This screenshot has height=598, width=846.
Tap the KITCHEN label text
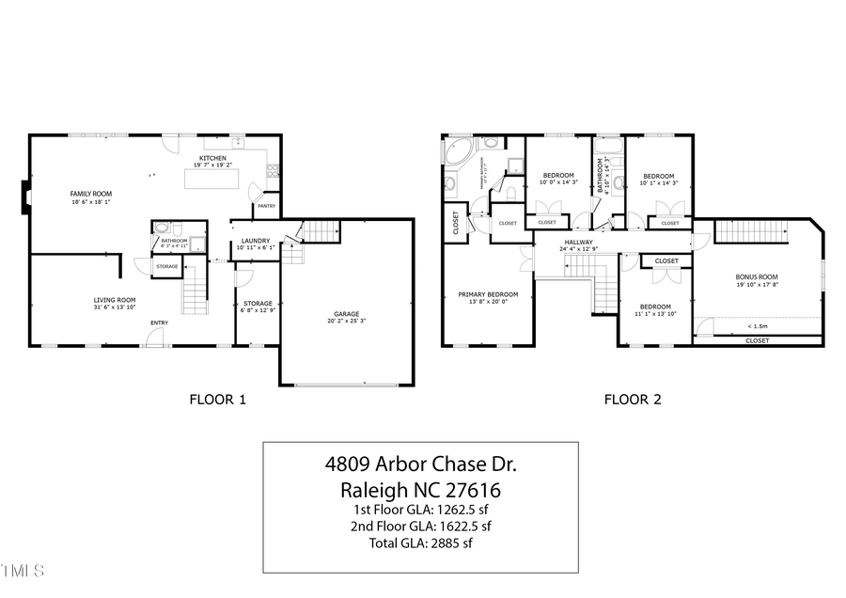click(211, 158)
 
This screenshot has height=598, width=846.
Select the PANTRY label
click(266, 206)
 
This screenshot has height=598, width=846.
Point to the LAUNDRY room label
click(255, 241)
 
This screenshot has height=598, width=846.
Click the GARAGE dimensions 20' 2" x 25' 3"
click(347, 321)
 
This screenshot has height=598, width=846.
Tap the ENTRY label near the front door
click(159, 323)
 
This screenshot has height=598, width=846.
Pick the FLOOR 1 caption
click(218, 400)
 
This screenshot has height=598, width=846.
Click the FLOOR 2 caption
click(632, 400)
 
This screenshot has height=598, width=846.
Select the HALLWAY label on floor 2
click(578, 242)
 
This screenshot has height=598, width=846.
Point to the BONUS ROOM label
click(756, 276)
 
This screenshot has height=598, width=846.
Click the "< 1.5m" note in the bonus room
click(756, 326)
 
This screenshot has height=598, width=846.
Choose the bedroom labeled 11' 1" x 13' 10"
click(655, 307)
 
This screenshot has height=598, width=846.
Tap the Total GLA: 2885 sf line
click(420, 543)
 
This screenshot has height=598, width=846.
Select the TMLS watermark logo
click(23, 571)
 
